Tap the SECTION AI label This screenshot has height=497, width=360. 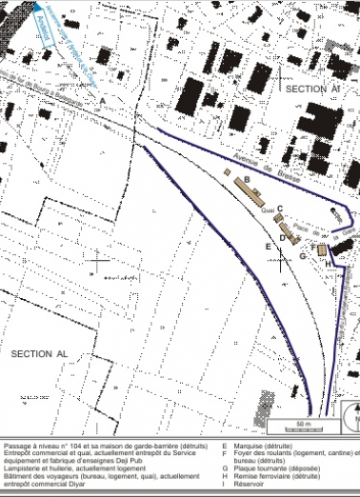click(311, 87)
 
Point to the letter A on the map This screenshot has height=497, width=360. click(101, 99)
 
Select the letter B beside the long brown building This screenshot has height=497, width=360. click(246, 178)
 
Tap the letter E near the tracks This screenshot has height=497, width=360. click(269, 247)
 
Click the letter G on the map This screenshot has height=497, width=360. click(302, 255)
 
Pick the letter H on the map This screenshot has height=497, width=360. click(329, 263)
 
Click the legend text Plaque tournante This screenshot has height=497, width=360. click(260, 467)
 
